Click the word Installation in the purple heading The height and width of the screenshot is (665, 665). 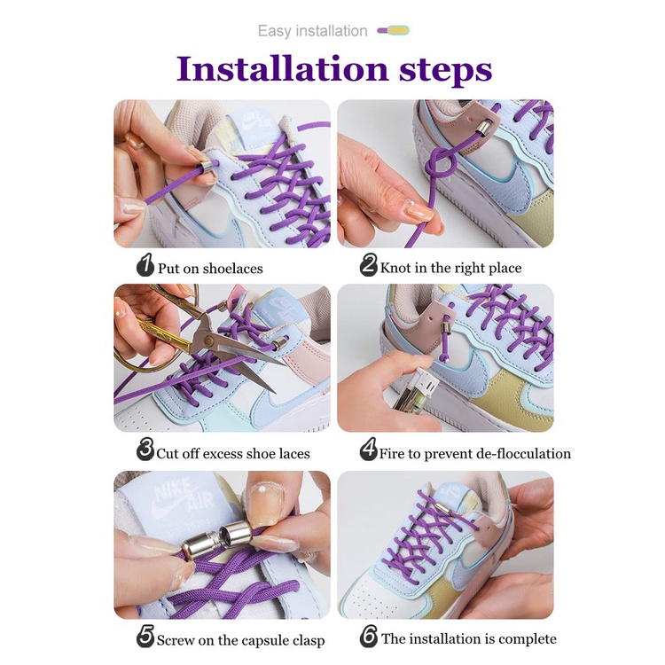283,68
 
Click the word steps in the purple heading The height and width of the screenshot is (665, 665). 445,71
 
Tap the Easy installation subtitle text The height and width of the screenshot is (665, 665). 313,31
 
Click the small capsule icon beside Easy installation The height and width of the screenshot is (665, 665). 394,30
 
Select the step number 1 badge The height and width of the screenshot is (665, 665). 145,265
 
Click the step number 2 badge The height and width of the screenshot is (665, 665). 369,265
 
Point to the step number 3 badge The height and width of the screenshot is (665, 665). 145,450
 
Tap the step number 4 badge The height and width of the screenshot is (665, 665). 369,450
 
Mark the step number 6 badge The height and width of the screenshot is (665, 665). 369,636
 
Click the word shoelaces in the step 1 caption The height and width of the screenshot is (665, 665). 233,269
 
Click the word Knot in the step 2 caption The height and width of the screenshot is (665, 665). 395,268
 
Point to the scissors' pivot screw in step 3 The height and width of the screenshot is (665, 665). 208,340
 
